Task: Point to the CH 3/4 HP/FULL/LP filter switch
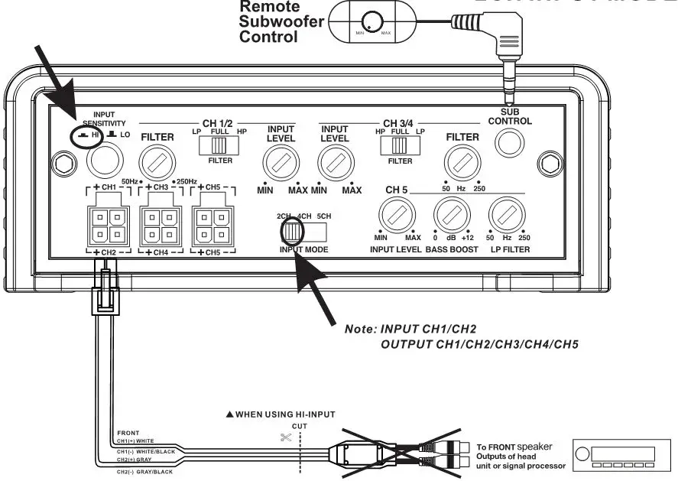pos(398,145)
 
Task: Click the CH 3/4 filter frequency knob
pos(462,162)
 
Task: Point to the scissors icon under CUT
pos(287,438)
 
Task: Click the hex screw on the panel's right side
pos(548,162)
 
